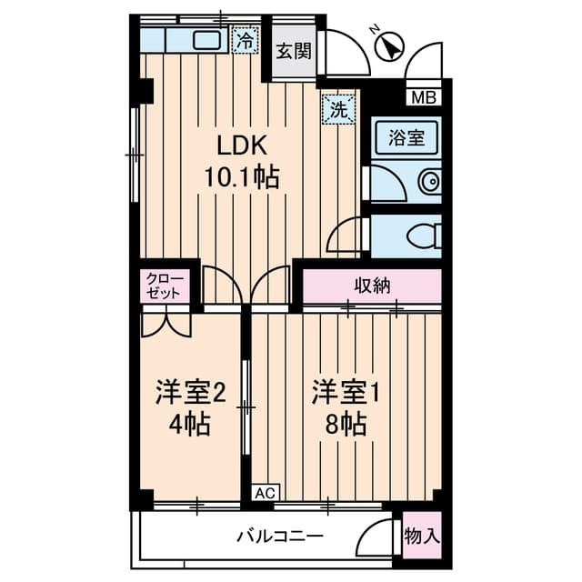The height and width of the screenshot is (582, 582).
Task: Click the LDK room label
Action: click(240, 145)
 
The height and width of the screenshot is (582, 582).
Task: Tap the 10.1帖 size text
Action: click(240, 177)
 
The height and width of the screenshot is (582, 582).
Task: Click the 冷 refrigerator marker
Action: click(244, 40)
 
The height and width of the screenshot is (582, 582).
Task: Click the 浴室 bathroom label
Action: click(406, 138)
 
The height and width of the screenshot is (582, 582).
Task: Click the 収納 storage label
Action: click(371, 286)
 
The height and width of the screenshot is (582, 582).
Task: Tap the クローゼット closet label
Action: click(166, 286)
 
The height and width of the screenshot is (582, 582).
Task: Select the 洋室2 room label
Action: click(190, 393)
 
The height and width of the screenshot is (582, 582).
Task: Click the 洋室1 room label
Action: click(346, 393)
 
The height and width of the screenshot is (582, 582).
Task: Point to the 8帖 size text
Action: click(346, 424)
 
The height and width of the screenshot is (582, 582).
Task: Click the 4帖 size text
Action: click(190, 424)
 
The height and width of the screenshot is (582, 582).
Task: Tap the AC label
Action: click(264, 493)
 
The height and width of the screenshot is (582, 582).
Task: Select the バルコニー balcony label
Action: click(280, 537)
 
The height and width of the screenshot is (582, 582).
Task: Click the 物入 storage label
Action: click(421, 536)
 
